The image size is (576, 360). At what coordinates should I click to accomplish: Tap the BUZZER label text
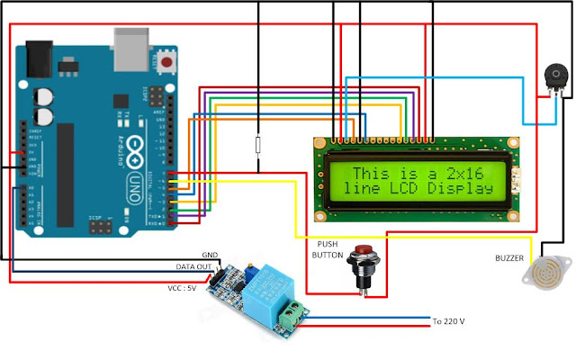click(x=510, y=257)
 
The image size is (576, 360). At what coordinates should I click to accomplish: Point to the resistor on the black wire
click(x=258, y=146)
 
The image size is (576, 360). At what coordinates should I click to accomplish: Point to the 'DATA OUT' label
click(x=193, y=267)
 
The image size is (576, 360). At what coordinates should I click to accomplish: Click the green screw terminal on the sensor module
click(x=292, y=315)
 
